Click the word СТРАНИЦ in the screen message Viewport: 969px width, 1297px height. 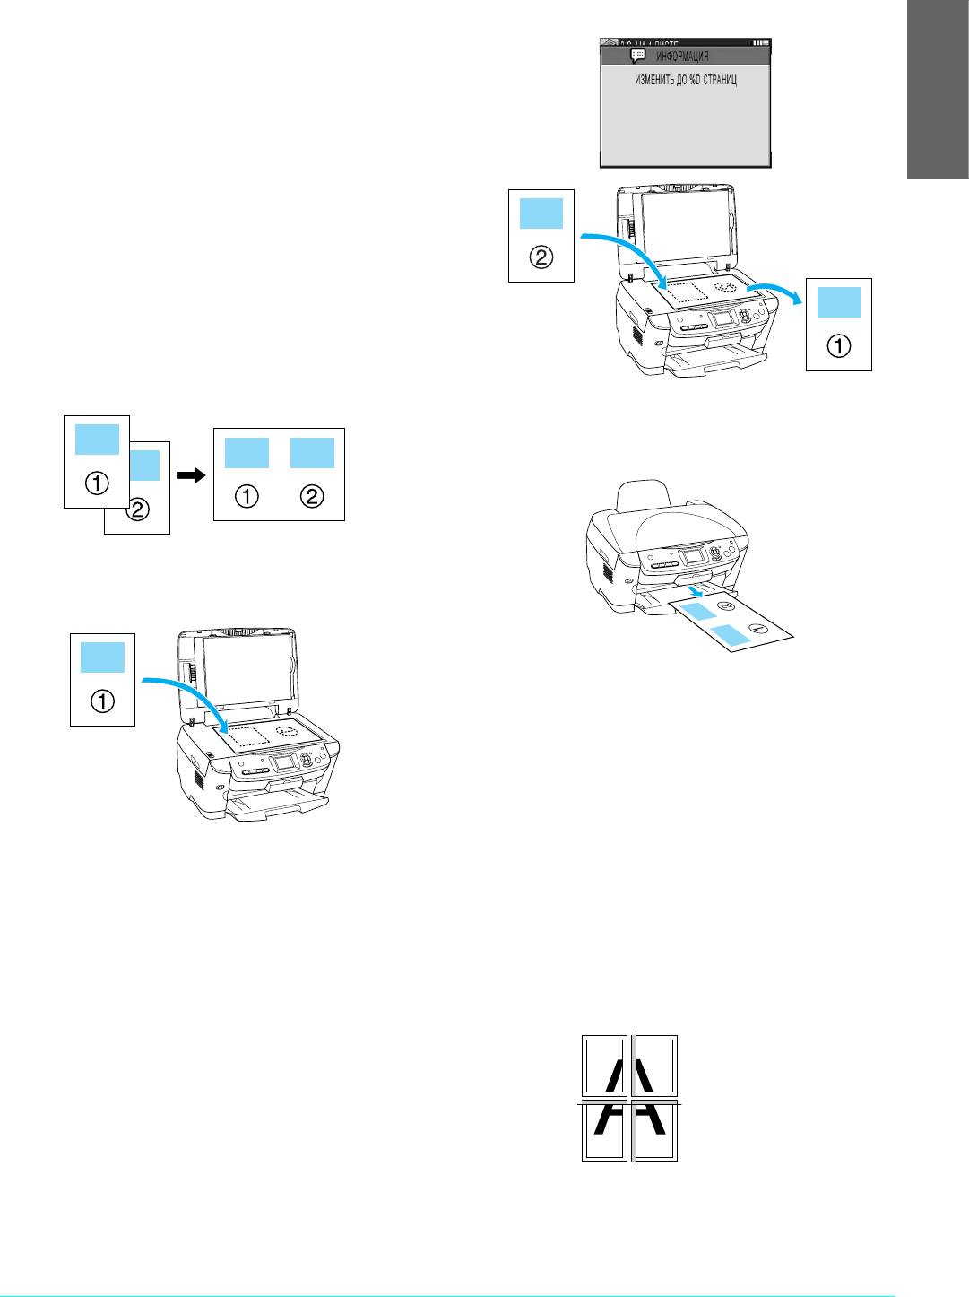tap(718, 80)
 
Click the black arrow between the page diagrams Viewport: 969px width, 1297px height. tap(192, 477)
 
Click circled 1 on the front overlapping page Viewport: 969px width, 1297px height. tap(97, 483)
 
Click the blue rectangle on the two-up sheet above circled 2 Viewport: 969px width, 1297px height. tap(312, 453)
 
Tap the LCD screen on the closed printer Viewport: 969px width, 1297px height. tap(692, 556)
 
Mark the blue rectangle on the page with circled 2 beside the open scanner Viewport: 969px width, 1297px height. tap(541, 213)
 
